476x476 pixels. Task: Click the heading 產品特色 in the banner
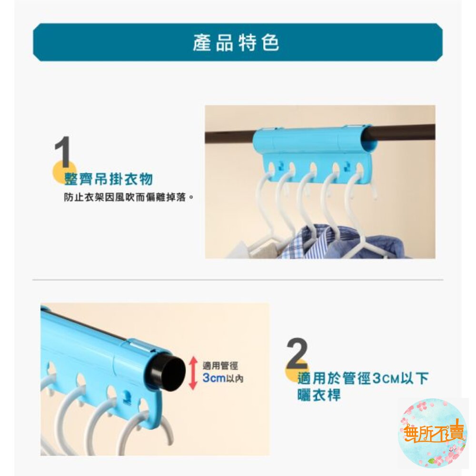coord(236,43)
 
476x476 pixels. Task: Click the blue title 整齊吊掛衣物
coord(109,178)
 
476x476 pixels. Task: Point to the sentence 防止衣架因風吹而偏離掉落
coord(125,198)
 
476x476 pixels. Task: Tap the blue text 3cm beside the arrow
coord(214,378)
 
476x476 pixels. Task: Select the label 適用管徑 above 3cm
coord(220,366)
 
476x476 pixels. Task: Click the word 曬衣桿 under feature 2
coord(319,395)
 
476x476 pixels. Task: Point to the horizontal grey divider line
coord(238,279)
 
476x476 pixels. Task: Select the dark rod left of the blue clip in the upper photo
coord(229,137)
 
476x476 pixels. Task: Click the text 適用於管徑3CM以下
coord(363,378)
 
